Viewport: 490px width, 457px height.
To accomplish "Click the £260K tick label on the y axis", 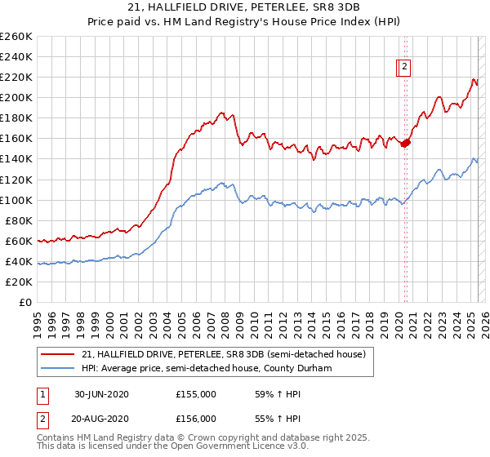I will coord(16,37).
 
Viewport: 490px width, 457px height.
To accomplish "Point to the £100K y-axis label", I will coord(16,200).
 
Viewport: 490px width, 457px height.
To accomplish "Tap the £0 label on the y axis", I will coord(25,303).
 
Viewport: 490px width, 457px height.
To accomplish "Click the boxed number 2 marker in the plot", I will coord(404,69).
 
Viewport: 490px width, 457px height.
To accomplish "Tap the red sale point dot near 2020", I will coord(406,143).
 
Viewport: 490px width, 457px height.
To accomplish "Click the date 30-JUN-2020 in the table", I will coord(101,394).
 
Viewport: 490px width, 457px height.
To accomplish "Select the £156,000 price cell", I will coord(196,418).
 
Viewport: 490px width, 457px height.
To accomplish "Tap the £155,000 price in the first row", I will coord(196,394).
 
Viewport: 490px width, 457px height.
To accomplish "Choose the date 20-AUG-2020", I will coord(101,418).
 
